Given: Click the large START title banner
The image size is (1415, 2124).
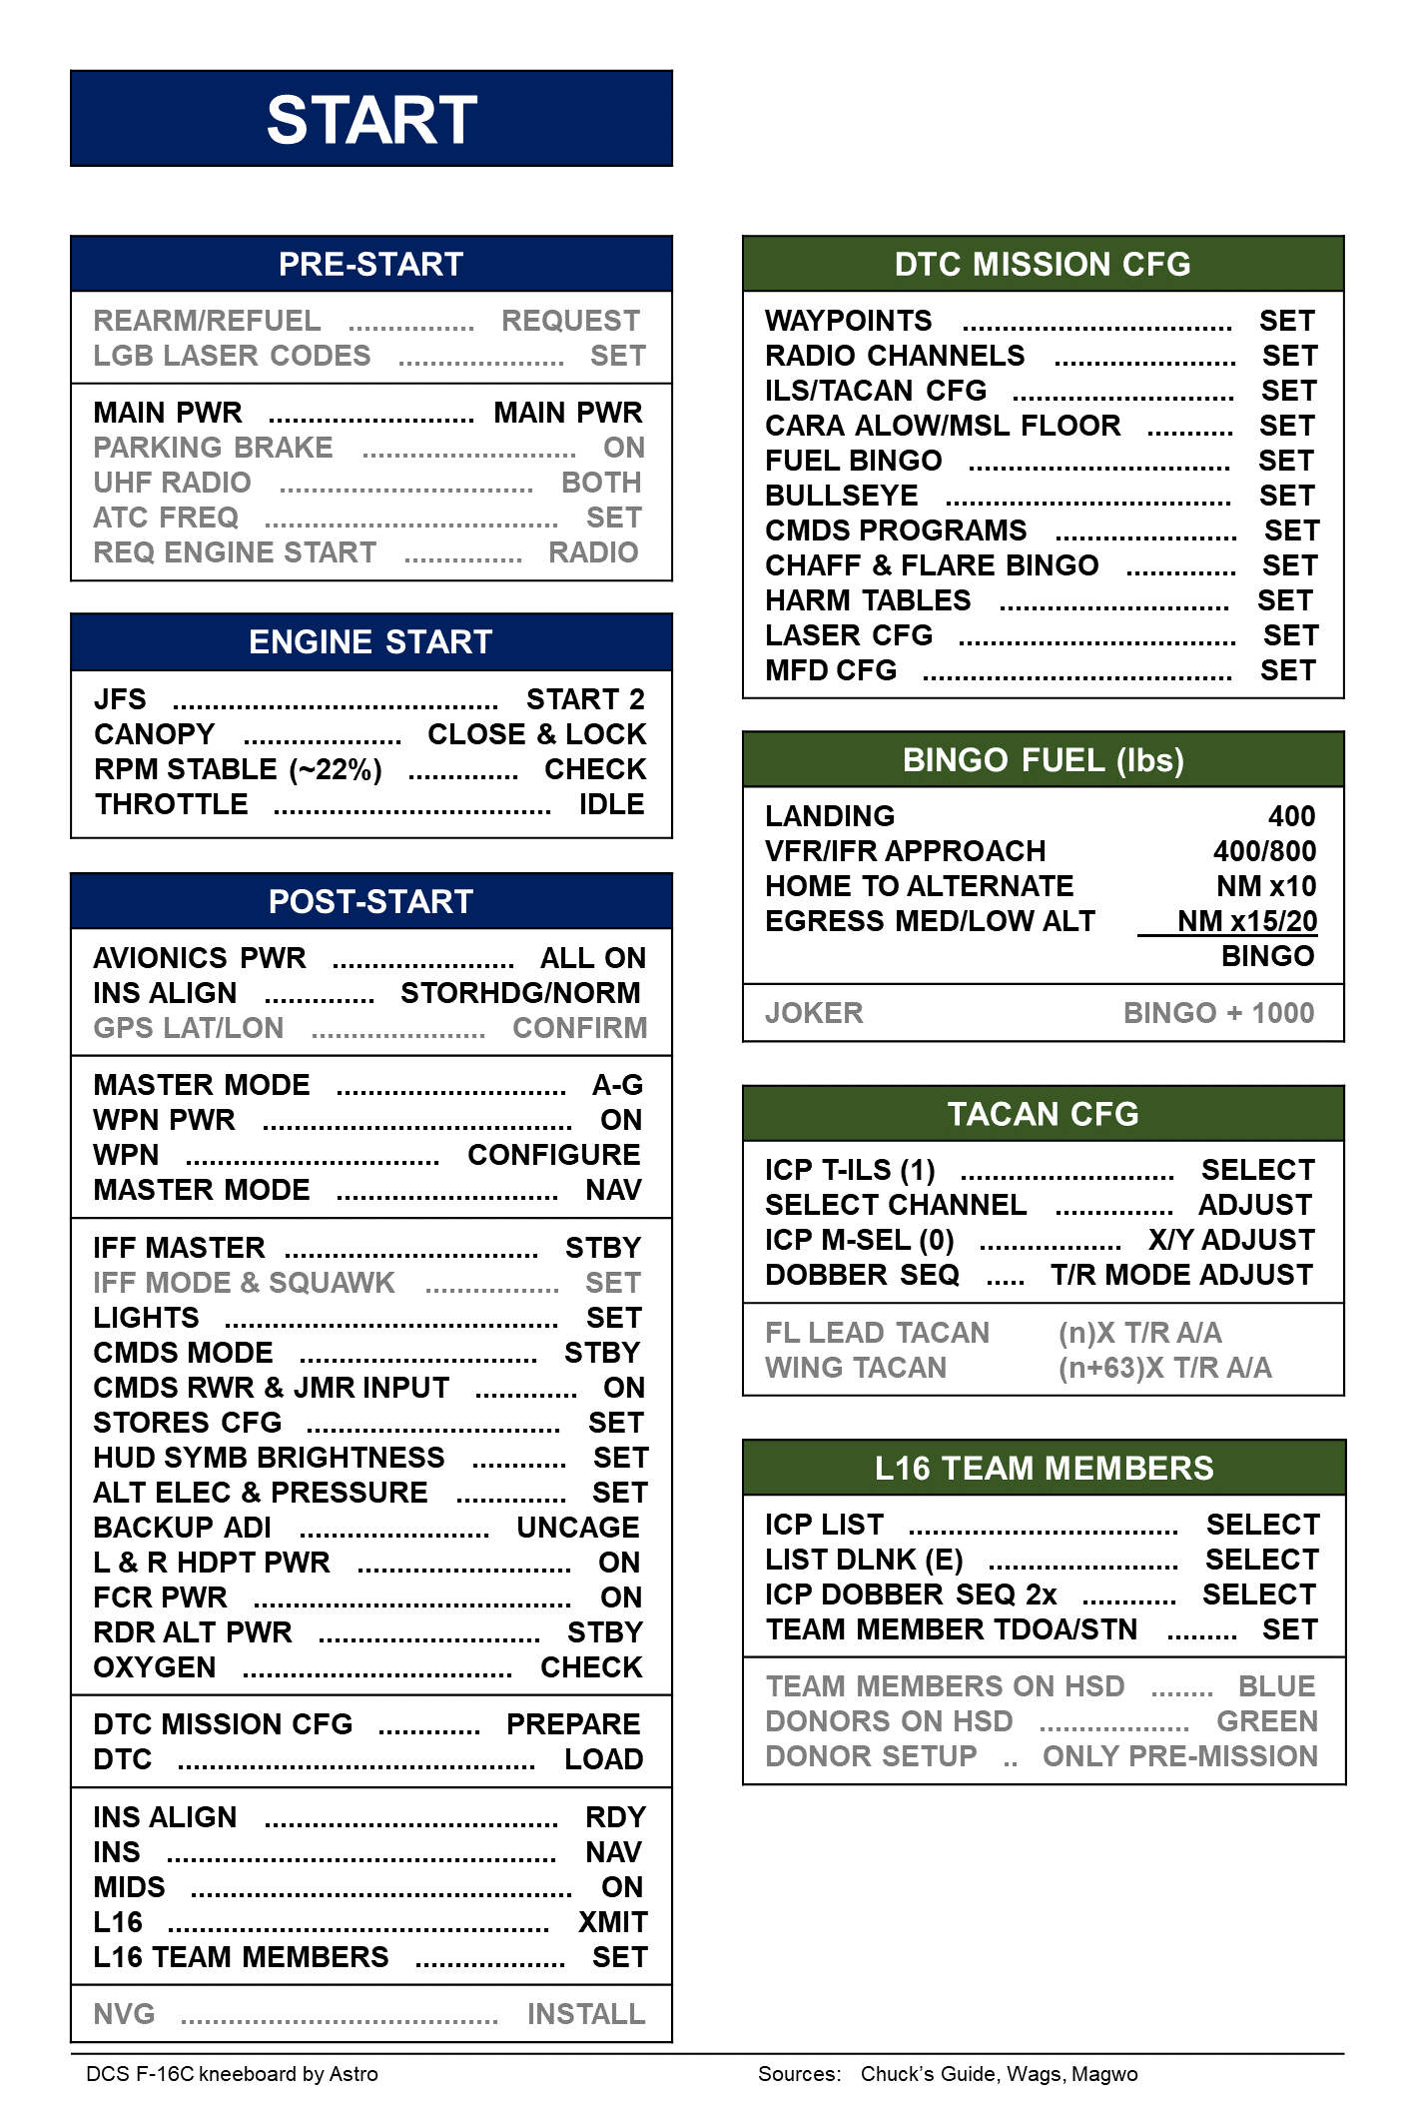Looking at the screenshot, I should pos(371,119).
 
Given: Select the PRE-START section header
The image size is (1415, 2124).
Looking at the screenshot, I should pos(370,264).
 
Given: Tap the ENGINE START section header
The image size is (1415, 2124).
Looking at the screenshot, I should pos(370,641).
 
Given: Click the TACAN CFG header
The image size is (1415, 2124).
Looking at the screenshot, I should pos(1043,1114).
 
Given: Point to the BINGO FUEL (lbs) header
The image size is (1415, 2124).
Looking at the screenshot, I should pos(1043,760).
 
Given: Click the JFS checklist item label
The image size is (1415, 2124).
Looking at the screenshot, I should pos(120,699).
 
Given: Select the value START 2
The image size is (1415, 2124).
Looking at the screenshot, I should pos(585,699).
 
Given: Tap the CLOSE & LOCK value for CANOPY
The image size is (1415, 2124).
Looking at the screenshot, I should pos(536,734).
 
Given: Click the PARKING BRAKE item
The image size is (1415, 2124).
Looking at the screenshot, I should pos(213,448).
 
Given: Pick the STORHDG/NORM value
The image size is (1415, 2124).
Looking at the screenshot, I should pos(520,993).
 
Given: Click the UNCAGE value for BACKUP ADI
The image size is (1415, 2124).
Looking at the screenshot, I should pos(577,1528).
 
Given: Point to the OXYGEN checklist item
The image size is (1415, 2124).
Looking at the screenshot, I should pos(155,1667).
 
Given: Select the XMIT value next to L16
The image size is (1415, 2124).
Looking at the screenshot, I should pos(612,1922).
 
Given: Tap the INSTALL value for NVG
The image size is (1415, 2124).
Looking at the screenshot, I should pos(586,2014).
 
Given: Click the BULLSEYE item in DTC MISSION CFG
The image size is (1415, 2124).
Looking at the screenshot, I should pos(842,496).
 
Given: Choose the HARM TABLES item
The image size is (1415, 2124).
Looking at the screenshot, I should pos(868,600).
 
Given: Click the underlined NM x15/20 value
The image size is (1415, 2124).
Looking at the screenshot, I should pos(1246,921).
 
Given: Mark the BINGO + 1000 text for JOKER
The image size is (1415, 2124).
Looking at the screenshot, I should pos(1218,1013).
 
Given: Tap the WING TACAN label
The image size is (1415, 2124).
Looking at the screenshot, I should pos(856,1368).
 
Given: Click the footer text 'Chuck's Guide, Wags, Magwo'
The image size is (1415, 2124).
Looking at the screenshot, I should pos(999,2074).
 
